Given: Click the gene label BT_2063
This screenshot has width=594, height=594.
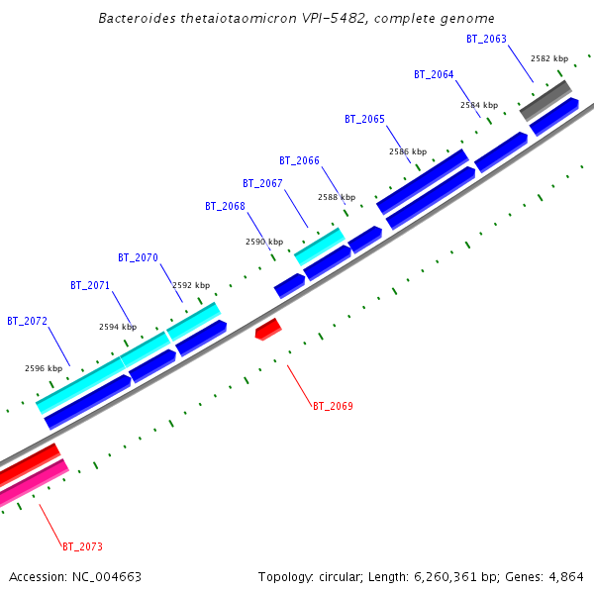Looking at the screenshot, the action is (486, 39).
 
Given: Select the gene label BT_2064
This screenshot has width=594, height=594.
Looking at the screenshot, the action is (434, 74).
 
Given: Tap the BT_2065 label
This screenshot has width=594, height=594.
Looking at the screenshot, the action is (364, 119).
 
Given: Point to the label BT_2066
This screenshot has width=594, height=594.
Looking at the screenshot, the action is (299, 160).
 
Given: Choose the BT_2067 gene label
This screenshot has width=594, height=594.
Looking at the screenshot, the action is (262, 183).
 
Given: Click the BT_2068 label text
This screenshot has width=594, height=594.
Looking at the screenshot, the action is (225, 206).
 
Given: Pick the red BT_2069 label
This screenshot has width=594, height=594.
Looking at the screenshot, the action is (333, 406).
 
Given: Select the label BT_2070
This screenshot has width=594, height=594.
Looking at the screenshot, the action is (138, 257).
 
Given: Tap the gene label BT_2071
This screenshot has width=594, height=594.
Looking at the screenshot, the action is (90, 285).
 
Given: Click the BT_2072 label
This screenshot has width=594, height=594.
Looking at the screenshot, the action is (27, 321).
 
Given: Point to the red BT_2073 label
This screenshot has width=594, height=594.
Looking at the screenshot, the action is (82, 546).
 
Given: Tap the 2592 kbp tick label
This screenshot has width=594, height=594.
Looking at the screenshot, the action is (191, 285).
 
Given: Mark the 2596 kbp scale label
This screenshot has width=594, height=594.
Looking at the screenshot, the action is (44, 368).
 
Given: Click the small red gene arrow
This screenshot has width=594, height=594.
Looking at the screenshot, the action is (268, 329).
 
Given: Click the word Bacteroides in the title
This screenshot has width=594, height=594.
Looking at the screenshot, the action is (137, 19).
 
